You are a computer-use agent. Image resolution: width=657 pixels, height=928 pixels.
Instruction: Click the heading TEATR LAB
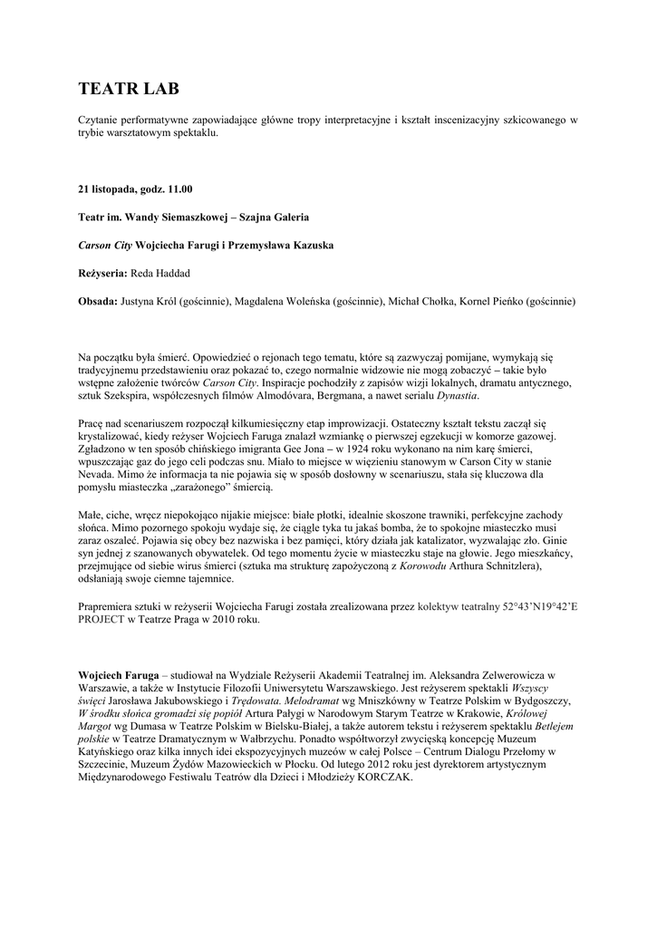point(129,88)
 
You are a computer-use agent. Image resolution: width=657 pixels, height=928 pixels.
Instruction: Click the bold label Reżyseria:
point(103,273)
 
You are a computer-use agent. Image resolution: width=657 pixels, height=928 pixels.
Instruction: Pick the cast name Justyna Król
point(149,301)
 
